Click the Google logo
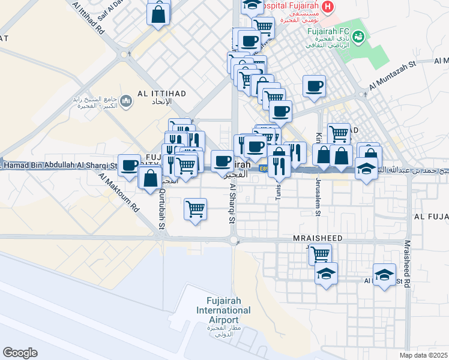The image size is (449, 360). pyautogui.click(x=20, y=352)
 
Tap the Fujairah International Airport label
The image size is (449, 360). pyautogui.click(x=224, y=310)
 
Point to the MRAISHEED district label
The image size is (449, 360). pyautogui.click(x=318, y=238)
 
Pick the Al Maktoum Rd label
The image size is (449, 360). pyautogui.click(x=119, y=194)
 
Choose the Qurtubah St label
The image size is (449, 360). pyautogui.click(x=161, y=208)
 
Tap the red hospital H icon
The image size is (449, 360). pyautogui.click(x=327, y=7)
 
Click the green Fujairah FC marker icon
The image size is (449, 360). pyautogui.click(x=359, y=37)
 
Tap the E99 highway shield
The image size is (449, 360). pyautogui.click(x=264, y=169)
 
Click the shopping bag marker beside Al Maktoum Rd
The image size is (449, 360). pyautogui.click(x=149, y=178)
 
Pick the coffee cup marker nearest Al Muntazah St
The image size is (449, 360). pyautogui.click(x=314, y=86)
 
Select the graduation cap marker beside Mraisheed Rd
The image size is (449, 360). pyautogui.click(x=384, y=275)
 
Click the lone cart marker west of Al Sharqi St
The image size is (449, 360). pyautogui.click(x=195, y=209)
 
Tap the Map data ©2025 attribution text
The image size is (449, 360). pyautogui.click(x=424, y=355)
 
